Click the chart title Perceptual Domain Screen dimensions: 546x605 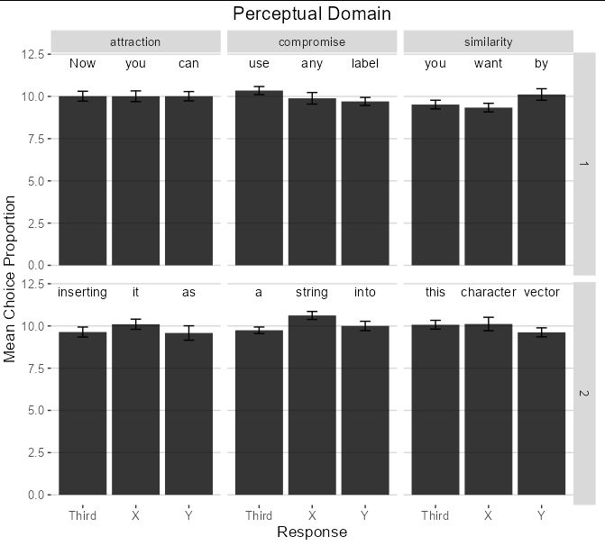pos(312,14)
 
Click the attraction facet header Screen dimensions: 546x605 pos(135,41)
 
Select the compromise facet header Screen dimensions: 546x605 pos(312,41)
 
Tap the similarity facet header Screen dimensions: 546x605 pos(488,41)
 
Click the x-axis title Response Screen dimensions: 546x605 pos(312,532)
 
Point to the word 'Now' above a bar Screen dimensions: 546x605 pos(82,64)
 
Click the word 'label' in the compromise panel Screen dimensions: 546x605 pos(365,64)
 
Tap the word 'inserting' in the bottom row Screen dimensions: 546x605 pos(82,293)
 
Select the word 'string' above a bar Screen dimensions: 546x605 pos(312,293)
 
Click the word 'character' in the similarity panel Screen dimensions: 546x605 pos(488,293)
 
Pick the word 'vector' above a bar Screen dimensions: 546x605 pos(541,293)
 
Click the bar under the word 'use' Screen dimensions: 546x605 pos(259,180)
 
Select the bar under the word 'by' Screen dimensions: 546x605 pos(541,180)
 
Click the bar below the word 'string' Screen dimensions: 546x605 pos(312,405)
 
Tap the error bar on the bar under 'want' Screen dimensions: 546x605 pos(488,108)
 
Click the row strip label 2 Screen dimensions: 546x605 pos(583,394)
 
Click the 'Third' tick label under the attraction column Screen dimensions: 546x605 pos(82,516)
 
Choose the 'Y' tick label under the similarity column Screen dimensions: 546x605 pos(541,516)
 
